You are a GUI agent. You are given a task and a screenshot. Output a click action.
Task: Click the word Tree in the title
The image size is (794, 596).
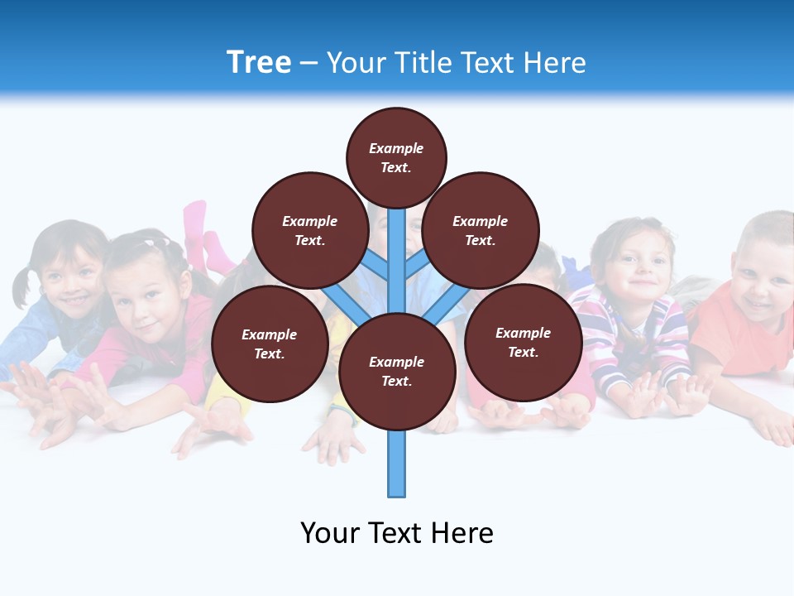259,62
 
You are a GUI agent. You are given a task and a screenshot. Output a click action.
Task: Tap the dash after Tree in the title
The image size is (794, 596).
309,64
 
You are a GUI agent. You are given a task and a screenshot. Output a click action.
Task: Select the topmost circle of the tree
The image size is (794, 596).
396,157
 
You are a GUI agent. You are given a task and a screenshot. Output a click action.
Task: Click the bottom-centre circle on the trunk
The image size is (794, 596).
397,372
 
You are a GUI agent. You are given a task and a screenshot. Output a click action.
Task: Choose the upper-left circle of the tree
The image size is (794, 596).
309,230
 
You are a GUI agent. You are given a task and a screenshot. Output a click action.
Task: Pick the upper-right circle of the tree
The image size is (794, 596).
481,230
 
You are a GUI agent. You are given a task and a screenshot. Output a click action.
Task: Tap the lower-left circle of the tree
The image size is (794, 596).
270,344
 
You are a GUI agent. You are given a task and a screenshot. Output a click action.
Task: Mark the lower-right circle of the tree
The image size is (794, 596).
523,342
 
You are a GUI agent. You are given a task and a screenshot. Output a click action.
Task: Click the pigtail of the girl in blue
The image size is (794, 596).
22,286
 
